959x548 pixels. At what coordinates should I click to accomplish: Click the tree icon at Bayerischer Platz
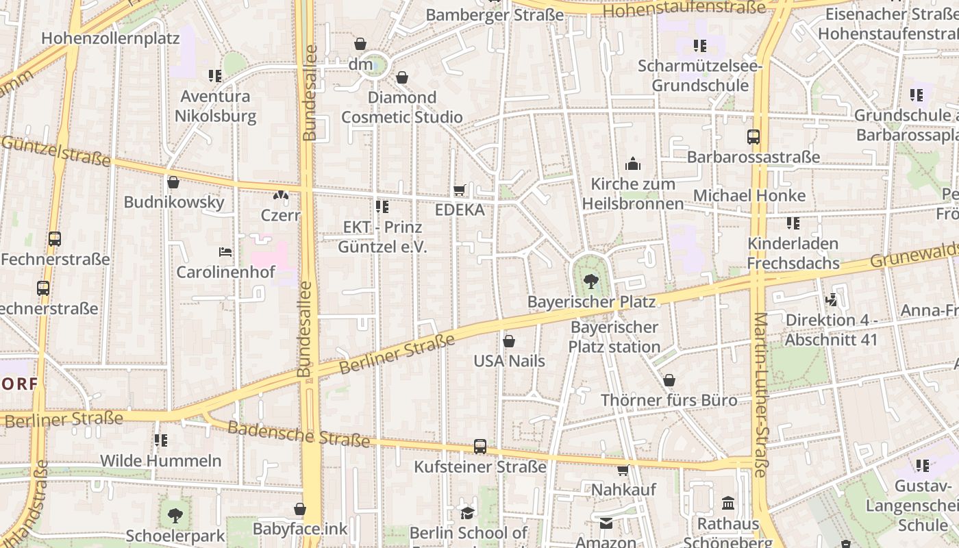coord(590,281)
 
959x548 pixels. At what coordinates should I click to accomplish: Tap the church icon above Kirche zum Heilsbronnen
coord(633,164)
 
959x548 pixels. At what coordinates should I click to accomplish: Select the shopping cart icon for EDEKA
coord(460,190)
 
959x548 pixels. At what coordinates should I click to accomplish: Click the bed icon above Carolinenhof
coord(225,252)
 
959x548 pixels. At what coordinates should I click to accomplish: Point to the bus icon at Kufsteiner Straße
coord(480,447)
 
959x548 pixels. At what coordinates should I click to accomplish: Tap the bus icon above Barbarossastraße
coord(754,137)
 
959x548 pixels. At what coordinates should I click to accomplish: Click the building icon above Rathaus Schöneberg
coord(728,504)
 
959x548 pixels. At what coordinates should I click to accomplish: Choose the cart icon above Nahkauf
coord(623,470)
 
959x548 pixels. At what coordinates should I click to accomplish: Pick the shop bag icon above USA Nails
coord(509,341)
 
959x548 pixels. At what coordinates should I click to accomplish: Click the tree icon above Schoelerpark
coord(175,515)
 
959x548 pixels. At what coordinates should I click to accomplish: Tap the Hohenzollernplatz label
coord(110,38)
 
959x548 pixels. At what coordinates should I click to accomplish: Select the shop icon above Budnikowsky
coord(173,182)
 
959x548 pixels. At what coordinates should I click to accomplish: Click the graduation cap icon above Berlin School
coord(467,513)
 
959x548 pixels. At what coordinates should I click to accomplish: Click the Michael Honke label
coord(749,195)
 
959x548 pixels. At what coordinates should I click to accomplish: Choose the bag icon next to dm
coord(360,45)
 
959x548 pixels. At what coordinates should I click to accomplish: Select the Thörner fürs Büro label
coord(669,400)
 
